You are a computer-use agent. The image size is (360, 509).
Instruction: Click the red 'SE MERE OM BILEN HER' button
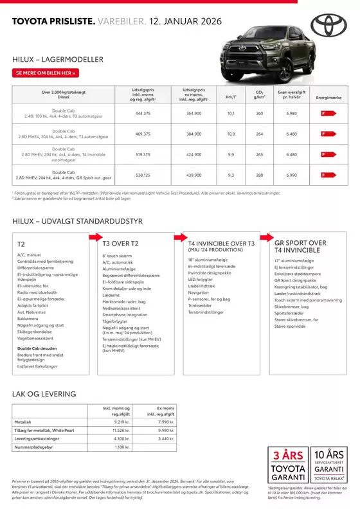click(46, 73)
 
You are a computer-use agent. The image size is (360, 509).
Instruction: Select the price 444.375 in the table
click(143, 113)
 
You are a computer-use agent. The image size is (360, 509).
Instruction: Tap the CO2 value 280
click(259, 175)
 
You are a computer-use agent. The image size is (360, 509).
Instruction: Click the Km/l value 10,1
click(231, 113)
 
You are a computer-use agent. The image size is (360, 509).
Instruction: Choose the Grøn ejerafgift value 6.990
click(291, 175)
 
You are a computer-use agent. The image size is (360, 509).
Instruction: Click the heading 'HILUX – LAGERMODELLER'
click(57, 59)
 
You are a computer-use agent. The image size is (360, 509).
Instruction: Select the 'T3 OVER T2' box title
click(120, 244)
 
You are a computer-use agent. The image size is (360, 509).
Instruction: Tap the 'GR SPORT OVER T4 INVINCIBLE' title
click(300, 247)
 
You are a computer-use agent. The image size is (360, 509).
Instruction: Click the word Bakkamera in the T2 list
click(28, 319)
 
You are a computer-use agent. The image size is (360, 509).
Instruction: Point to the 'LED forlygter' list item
click(199, 280)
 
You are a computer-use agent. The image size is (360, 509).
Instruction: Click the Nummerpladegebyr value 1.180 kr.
click(122, 447)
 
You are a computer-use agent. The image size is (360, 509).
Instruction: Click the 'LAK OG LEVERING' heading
click(44, 394)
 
